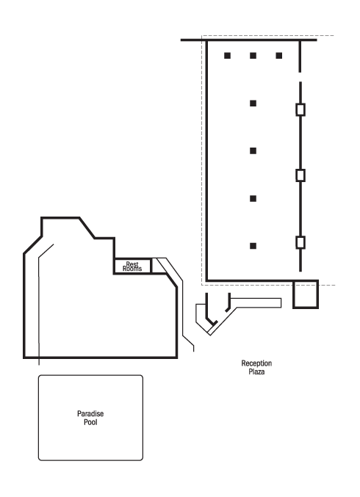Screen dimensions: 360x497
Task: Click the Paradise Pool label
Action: pyautogui.click(x=90, y=418)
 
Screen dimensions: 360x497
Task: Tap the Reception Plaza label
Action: pyautogui.click(x=256, y=367)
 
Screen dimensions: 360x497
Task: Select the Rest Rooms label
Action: pyautogui.click(x=132, y=266)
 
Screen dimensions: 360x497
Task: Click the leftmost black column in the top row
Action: pyautogui.click(x=228, y=56)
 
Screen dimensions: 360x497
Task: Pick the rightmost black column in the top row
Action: pyautogui.click(x=278, y=56)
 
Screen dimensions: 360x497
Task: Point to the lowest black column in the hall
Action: pyautogui.click(x=253, y=246)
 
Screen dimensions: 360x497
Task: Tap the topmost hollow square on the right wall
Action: pyautogui.click(x=300, y=109)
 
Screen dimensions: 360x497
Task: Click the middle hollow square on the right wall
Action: pyautogui.click(x=300, y=175)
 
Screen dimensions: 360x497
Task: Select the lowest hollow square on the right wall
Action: pyautogui.click(x=300, y=242)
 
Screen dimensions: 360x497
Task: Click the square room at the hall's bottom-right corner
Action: pyautogui.click(x=306, y=294)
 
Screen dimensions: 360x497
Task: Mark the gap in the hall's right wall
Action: pyautogui.click(x=300, y=77)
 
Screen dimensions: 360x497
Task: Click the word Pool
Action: pyautogui.click(x=90, y=422)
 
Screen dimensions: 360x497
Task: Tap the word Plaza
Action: pyautogui.click(x=256, y=371)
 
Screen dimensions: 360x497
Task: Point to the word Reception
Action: pyautogui.click(x=256, y=363)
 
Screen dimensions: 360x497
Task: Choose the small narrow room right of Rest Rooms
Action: pyautogui.click(x=156, y=266)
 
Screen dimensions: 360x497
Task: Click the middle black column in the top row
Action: pyautogui.click(x=253, y=56)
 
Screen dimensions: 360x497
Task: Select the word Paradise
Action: pyautogui.click(x=90, y=413)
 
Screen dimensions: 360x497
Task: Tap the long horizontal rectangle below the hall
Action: pyautogui.click(x=256, y=302)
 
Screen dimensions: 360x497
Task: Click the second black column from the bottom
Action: pyautogui.click(x=253, y=198)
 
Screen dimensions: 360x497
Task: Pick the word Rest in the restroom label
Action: pyautogui.click(x=132, y=264)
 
